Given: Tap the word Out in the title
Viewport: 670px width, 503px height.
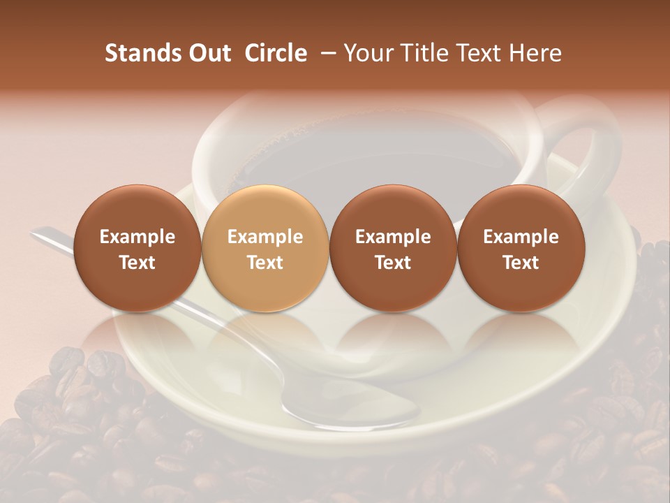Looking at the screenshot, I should tap(207, 53).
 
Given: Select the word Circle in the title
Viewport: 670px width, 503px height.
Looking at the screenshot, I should tap(276, 53).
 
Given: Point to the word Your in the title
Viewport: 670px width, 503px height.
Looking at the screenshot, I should tap(366, 53).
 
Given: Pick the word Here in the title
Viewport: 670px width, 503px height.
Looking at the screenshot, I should tap(535, 53).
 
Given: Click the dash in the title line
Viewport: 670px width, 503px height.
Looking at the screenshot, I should tap(327, 53).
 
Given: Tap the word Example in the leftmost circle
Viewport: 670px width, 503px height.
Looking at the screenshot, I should tap(137, 237).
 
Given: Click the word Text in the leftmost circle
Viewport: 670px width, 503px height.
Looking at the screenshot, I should tap(137, 263).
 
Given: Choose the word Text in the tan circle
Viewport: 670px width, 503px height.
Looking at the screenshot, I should tap(265, 263).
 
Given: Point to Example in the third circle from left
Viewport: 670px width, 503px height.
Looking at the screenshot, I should tap(393, 237).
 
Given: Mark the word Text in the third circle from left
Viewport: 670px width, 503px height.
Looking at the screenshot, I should tap(393, 263).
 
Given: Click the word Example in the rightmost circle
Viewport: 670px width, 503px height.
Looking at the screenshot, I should tap(521, 237).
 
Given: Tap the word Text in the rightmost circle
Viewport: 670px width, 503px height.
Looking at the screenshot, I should tap(521, 263).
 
